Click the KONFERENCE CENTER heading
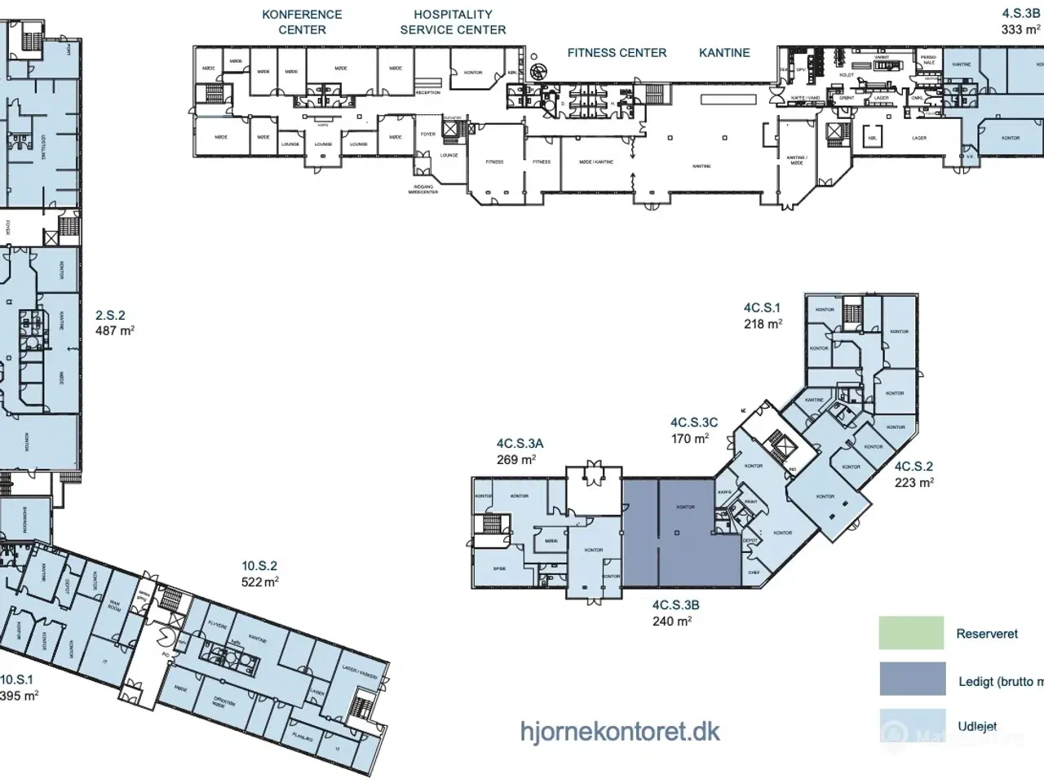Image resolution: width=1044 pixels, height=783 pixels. pyautogui.click(x=302, y=22)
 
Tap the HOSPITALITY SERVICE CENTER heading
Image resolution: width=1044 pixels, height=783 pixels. pyautogui.click(x=453, y=22)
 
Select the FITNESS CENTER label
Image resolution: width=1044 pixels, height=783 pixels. pyautogui.click(x=617, y=53)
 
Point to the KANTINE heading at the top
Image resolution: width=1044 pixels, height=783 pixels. pyautogui.click(x=724, y=53)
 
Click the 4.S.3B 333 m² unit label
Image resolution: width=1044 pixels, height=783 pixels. pyautogui.click(x=1020, y=22)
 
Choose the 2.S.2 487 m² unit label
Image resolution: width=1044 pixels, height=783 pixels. pyautogui.click(x=114, y=323)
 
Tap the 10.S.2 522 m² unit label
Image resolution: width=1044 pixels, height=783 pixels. pyautogui.click(x=259, y=573)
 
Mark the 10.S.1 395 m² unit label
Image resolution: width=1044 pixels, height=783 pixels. pyautogui.click(x=18, y=688)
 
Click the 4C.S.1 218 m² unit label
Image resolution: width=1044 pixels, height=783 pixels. pyautogui.click(x=762, y=316)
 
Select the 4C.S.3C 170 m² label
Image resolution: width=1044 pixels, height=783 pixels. pyautogui.click(x=693, y=431)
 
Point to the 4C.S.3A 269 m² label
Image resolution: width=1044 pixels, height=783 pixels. pyautogui.click(x=520, y=451)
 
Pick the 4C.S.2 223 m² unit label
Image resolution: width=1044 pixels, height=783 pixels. pyautogui.click(x=913, y=474)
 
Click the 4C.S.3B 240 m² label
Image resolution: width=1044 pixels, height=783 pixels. pyautogui.click(x=675, y=613)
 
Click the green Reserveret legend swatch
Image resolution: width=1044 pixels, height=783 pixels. pyautogui.click(x=911, y=633)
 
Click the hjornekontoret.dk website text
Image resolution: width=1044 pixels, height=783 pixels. pyautogui.click(x=620, y=731)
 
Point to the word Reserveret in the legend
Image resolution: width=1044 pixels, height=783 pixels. pyautogui.click(x=987, y=634)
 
